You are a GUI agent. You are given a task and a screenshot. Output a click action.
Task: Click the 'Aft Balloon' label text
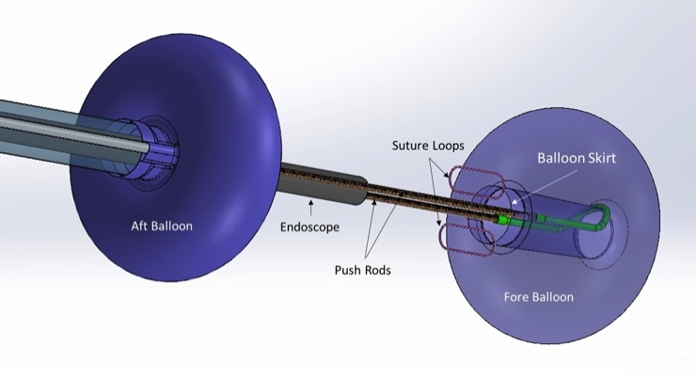pyautogui.click(x=158, y=226)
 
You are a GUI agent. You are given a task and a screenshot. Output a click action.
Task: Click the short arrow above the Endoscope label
pyautogui.click(x=310, y=203)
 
